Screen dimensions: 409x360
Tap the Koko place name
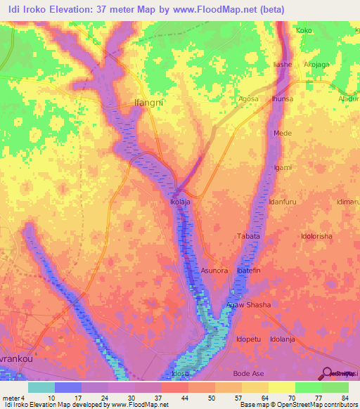tap(304, 31)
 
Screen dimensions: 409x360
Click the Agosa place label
tap(250, 99)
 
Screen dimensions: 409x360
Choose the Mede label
tap(283, 133)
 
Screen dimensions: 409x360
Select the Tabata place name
tap(248, 236)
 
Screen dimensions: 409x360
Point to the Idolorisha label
tap(316, 236)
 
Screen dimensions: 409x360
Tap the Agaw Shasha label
tap(248, 304)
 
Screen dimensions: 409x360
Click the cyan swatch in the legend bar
tap(41, 387)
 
